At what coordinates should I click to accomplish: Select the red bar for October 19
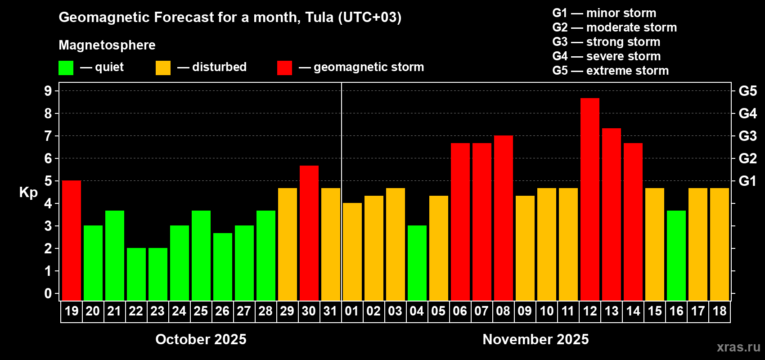click(72, 240)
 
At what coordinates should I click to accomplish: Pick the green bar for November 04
click(417, 263)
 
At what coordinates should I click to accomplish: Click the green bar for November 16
click(676, 255)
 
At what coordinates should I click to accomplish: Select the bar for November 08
click(504, 218)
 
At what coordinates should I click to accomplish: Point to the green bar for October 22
click(136, 274)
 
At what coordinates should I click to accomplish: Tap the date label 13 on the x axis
click(611, 311)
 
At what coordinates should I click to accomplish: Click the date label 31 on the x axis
click(330, 311)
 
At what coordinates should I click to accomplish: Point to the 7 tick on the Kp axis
click(48, 136)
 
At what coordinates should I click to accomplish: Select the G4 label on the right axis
click(747, 113)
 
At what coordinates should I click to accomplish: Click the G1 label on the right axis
click(747, 181)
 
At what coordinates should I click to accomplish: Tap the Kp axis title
click(28, 192)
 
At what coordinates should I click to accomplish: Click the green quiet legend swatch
click(66, 68)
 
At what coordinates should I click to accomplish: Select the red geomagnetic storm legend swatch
click(284, 68)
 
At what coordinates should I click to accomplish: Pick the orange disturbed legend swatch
click(163, 68)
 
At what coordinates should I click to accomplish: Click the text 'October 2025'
click(201, 339)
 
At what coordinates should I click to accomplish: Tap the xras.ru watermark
click(738, 347)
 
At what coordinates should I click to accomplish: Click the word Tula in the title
click(319, 18)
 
